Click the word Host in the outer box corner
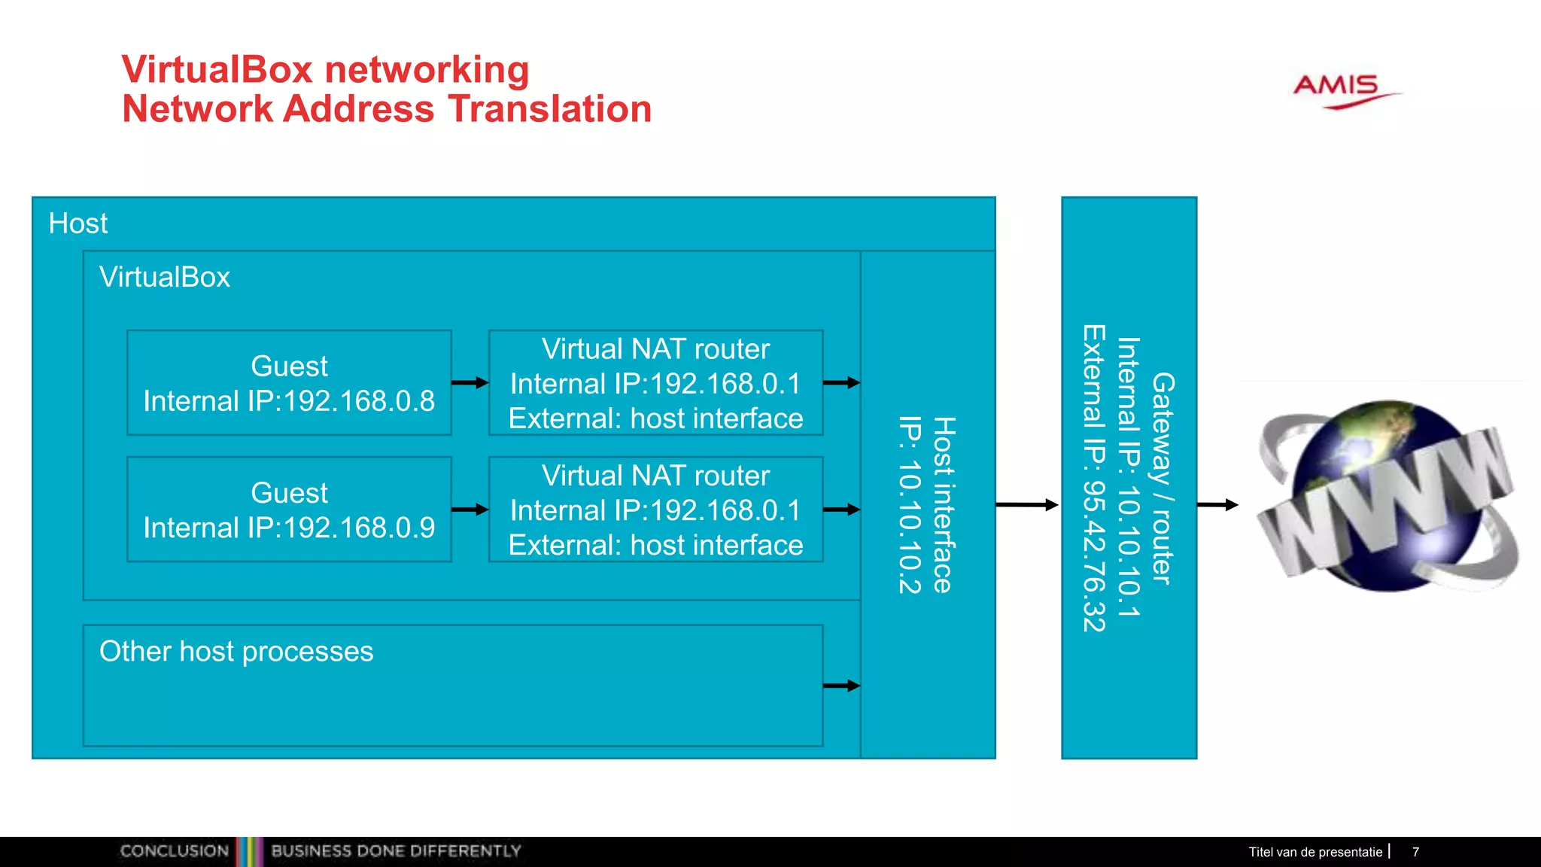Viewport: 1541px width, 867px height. point(78,224)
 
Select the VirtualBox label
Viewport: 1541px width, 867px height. point(165,277)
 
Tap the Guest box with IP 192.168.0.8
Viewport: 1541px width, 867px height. point(289,383)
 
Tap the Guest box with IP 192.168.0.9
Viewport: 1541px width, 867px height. point(289,510)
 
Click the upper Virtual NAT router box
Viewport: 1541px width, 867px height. point(655,383)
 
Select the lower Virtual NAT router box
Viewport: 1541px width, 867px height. point(655,510)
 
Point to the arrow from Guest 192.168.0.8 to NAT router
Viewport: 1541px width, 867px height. point(470,382)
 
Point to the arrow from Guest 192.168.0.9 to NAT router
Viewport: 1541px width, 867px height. point(470,510)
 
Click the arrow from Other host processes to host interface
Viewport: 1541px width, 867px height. point(841,686)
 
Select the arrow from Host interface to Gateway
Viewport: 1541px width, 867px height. point(1026,505)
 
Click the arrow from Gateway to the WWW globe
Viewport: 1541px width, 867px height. point(1217,505)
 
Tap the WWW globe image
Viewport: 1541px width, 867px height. point(1388,497)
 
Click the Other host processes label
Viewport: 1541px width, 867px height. point(236,652)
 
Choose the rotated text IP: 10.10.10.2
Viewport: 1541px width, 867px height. point(910,505)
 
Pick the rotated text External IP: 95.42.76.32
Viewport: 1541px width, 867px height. point(1094,479)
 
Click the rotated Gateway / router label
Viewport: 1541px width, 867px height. point(1163,479)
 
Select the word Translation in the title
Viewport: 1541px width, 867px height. point(550,109)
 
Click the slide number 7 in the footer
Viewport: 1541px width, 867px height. point(1415,852)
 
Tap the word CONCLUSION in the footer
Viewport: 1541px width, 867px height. point(175,851)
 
